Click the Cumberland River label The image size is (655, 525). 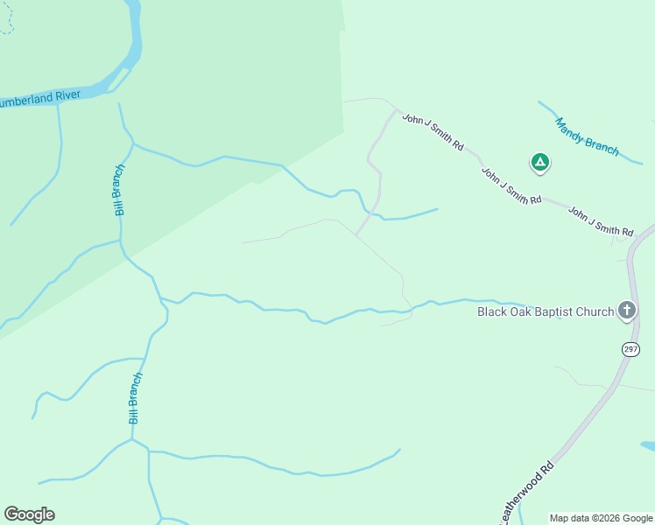click(x=40, y=98)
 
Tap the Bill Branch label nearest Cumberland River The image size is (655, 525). click(x=119, y=189)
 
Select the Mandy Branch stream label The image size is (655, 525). click(x=587, y=137)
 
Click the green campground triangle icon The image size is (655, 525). click(x=540, y=162)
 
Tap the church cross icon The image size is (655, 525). click(x=627, y=310)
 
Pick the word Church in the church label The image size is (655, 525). click(x=597, y=311)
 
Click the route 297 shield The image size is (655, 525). click(x=630, y=349)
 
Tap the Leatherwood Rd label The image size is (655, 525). click(x=528, y=493)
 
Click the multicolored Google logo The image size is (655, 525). click(x=29, y=514)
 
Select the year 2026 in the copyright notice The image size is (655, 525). click(x=608, y=518)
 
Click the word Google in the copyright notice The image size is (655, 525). click(x=638, y=518)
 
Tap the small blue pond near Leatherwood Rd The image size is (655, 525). click(x=648, y=446)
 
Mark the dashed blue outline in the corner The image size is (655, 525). click(x=6, y=19)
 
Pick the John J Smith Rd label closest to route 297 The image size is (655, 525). click(x=600, y=221)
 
